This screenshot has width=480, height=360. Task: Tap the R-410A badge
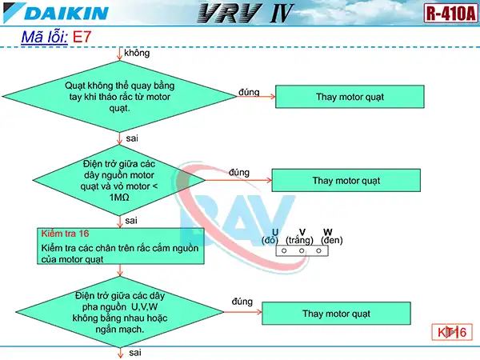[449, 14]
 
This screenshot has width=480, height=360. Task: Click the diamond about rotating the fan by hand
[119, 97]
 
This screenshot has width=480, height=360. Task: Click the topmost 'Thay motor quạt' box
[349, 97]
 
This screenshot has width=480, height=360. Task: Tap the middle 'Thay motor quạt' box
[346, 180]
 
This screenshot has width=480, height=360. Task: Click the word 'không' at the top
[138, 53]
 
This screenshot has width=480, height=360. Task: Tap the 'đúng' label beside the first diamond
[249, 92]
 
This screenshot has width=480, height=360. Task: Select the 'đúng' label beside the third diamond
[242, 302]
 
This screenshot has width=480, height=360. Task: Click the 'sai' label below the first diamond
[133, 138]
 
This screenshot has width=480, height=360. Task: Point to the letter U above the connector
[274, 232]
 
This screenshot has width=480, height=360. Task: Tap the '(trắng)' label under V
[298, 240]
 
